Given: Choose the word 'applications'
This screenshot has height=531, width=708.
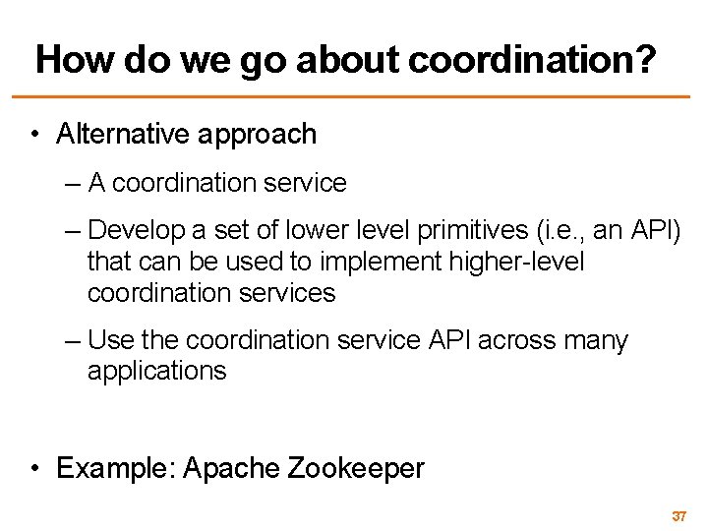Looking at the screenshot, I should [156, 372].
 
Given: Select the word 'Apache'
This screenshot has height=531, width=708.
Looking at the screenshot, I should [232, 469].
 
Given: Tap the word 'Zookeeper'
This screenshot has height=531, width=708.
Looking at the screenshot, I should [357, 469].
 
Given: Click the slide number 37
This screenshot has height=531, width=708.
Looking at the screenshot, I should [678, 516].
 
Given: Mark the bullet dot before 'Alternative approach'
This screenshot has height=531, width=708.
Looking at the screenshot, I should [34, 135].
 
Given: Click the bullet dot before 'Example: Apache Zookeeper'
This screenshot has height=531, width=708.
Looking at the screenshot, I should [34, 469].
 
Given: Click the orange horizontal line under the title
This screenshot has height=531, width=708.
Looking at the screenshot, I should [354, 96].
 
